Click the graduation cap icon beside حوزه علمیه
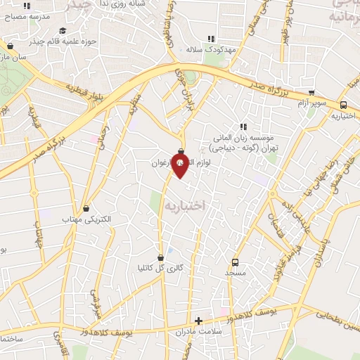pos(63,30)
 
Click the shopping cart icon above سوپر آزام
pos(311,92)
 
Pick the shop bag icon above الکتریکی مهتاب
pos(86,208)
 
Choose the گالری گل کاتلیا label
pos(161,268)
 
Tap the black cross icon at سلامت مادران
pos(199,320)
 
